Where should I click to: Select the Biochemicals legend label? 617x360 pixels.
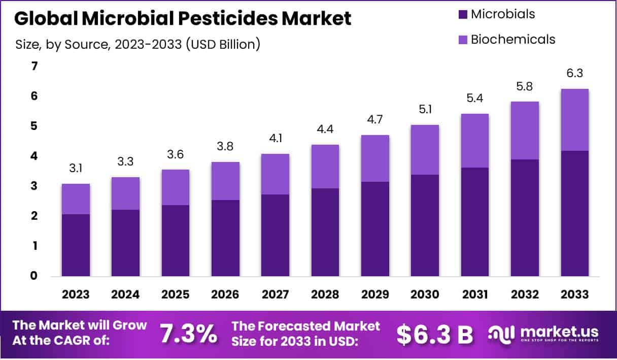point(513,39)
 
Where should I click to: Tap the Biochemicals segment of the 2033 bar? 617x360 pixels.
point(575,120)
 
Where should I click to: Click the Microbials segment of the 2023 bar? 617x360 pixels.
point(76,245)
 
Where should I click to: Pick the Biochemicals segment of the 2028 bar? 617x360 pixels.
point(325,167)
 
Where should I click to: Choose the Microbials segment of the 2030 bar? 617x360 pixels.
point(425,225)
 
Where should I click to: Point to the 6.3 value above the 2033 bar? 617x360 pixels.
point(575,74)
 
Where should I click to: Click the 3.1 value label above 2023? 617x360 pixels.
point(76,168)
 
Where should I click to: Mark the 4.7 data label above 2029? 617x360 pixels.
point(375,120)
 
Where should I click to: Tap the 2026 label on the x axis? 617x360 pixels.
point(226,294)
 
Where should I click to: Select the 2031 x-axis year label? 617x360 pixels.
point(475,294)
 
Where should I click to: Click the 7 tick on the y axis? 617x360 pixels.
point(35,66)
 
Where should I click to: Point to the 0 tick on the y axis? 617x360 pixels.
point(35,276)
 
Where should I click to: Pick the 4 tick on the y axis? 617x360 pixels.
point(35,156)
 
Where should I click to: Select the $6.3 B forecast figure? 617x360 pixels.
point(434,334)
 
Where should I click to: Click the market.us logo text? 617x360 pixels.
point(558,331)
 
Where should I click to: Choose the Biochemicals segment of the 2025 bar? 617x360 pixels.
point(176,187)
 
